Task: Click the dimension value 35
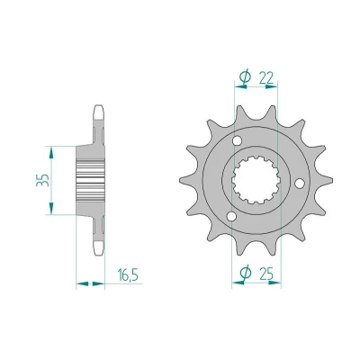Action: [x=43, y=180]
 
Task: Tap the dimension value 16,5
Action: [x=128, y=274]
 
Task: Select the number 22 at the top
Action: [x=266, y=78]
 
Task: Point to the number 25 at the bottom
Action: [x=266, y=273]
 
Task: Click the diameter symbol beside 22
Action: [x=245, y=77]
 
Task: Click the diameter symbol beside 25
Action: [x=246, y=272]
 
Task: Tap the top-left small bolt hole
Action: [x=238, y=140]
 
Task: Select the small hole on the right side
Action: [x=300, y=184]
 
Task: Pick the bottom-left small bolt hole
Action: [x=231, y=216]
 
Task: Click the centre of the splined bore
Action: [x=256, y=180]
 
